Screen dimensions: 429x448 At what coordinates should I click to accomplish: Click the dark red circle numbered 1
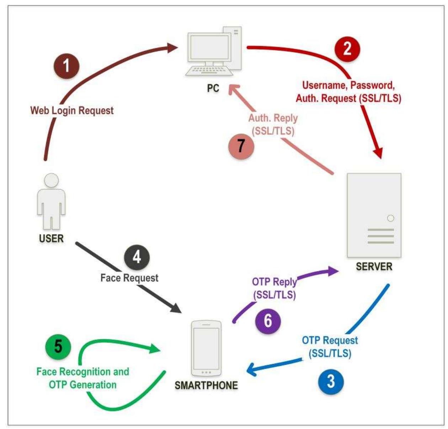pos(66,66)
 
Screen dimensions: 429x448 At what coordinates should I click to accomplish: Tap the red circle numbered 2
pos(347,49)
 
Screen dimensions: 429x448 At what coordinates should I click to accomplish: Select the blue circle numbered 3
pos(331,381)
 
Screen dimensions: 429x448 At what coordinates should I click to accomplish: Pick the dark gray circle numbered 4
pos(137,257)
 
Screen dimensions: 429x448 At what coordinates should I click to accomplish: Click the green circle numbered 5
pos(58,347)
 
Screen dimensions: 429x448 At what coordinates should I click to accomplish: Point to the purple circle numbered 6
pos(268,321)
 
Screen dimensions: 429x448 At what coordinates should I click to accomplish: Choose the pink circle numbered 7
pos(241,146)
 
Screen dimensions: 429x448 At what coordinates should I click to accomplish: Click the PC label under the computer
pos(213,88)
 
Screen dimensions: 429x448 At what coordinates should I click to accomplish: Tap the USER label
pos(51,238)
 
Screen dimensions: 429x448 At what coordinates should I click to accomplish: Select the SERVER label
pos(374,266)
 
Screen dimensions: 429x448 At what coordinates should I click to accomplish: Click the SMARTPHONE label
pos(206,385)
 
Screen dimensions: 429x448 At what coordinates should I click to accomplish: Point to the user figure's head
pos(52,180)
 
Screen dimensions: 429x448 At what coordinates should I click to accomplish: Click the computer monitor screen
pos(209,48)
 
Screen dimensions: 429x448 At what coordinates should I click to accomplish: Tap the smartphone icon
pos(206,348)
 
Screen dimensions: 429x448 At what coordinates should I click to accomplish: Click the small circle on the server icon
pos(390,218)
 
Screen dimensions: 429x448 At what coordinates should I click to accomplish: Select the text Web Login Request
pos(72,110)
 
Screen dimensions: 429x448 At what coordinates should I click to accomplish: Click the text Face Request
pos(129,278)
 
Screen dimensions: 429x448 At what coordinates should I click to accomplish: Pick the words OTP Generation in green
pos(82,385)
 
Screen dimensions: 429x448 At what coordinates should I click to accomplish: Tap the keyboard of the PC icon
pos(209,71)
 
